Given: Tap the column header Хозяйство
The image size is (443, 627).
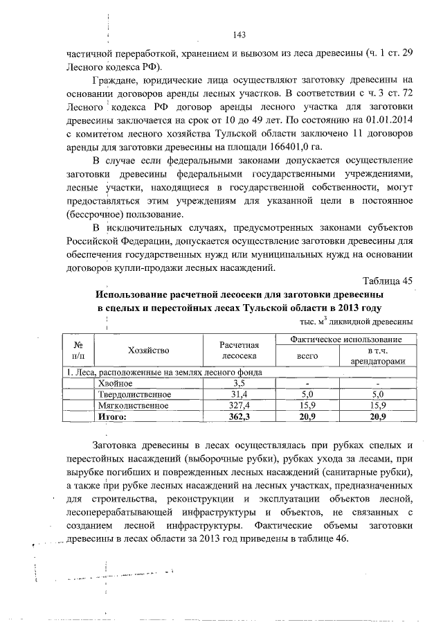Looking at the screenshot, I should [x=148, y=351].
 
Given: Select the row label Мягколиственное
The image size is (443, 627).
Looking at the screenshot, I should [x=131, y=405].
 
